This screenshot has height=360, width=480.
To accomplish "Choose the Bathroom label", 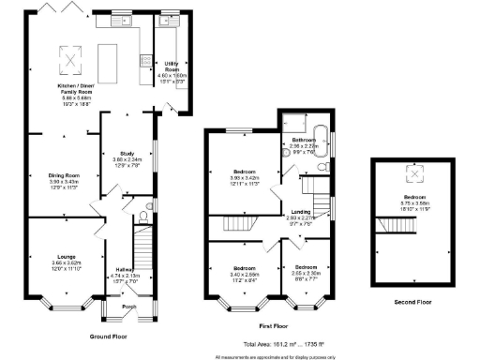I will (304, 142).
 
